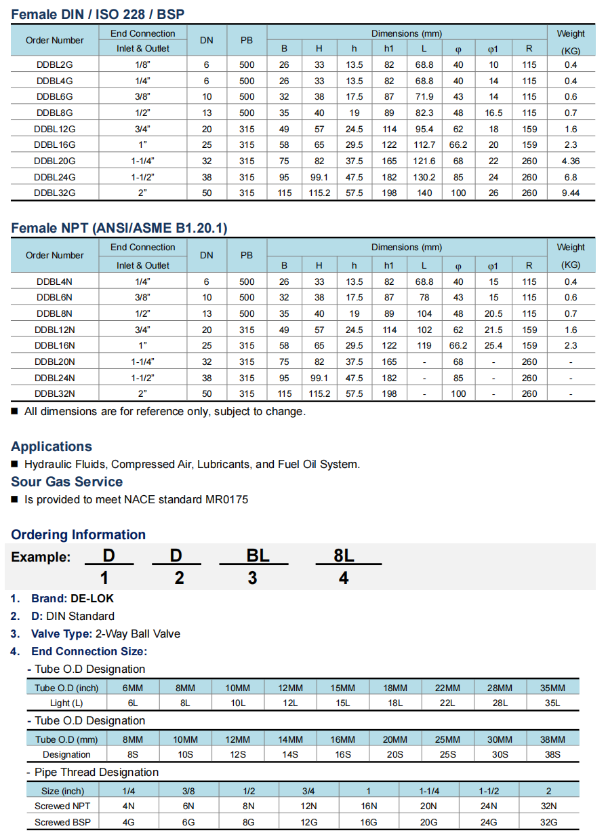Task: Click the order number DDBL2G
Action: pyautogui.click(x=54, y=65)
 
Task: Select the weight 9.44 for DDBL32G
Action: pyautogui.click(x=570, y=193)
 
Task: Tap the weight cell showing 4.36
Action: pyautogui.click(x=570, y=161)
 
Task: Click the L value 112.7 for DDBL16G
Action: pyautogui.click(x=424, y=145)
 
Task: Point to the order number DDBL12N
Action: pyautogui.click(x=54, y=330)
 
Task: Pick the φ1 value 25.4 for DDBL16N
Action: pyautogui.click(x=493, y=346)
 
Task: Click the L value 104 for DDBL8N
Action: pyautogui.click(x=424, y=314)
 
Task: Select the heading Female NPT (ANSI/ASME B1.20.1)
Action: pyautogui.click(x=119, y=229)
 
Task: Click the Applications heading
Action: pyautogui.click(x=52, y=447)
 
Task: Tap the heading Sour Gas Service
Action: pyautogui.click(x=66, y=482)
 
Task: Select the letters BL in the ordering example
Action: pyautogui.click(x=258, y=556)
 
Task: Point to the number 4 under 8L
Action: pyautogui.click(x=344, y=578)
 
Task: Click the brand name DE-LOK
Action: pyautogui.click(x=92, y=599)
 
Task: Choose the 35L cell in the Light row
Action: pyautogui.click(x=552, y=703)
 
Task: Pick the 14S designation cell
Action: pyautogui.click(x=290, y=755)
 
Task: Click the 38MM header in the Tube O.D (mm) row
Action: pyautogui.click(x=552, y=740)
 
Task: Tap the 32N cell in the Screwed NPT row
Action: pyautogui.click(x=548, y=806)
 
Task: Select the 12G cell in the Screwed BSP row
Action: pyautogui.click(x=308, y=823)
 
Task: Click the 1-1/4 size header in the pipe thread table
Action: pyautogui.click(x=429, y=792)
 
